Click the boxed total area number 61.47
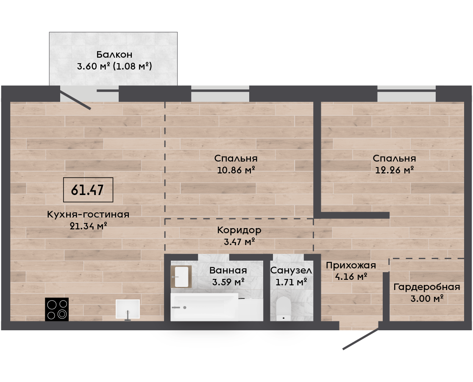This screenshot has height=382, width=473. pyautogui.click(x=87, y=190)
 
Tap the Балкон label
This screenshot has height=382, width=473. pyautogui.click(x=114, y=55)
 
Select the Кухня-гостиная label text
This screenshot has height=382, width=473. pyautogui.click(x=88, y=215)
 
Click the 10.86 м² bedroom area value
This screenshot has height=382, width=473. pyautogui.click(x=236, y=170)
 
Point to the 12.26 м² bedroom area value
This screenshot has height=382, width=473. pyautogui.click(x=394, y=170)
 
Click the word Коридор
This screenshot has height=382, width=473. pyautogui.click(x=239, y=230)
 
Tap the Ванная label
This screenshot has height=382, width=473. pyautogui.click(x=228, y=270)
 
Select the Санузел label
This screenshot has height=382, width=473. pyautogui.click(x=291, y=270)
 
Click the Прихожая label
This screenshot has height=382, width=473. pyautogui.click(x=351, y=265)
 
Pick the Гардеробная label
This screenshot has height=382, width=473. pyautogui.click(x=427, y=287)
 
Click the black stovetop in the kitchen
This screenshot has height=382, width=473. pyautogui.click(x=57, y=309)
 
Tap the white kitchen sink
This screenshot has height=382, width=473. pyautogui.click(x=128, y=309)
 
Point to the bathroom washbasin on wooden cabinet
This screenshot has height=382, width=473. pyautogui.click(x=181, y=277)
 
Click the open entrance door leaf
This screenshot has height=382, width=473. pyautogui.click(x=361, y=339)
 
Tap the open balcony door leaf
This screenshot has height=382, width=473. pyautogui.click(x=75, y=98)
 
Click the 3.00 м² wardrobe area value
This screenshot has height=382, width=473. pyautogui.click(x=427, y=299)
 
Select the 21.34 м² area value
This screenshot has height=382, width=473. pyautogui.click(x=89, y=226)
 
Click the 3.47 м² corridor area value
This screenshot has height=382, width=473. pyautogui.click(x=239, y=242)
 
